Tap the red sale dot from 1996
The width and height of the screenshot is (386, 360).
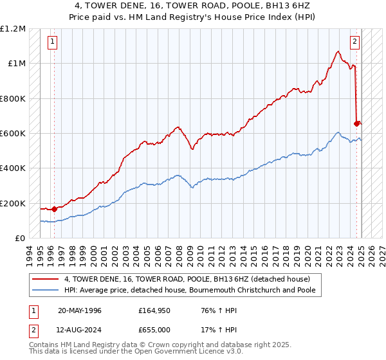click(x=54, y=209)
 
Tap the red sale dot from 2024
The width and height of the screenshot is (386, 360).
click(x=357, y=123)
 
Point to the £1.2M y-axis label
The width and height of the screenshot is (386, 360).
click(x=13, y=29)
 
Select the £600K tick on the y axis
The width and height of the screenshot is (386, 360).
click(x=13, y=134)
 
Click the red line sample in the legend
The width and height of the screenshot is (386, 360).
click(x=46, y=279)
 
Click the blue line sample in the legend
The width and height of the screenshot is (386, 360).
click(x=46, y=290)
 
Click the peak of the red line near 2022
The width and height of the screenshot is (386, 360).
click(x=338, y=51)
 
